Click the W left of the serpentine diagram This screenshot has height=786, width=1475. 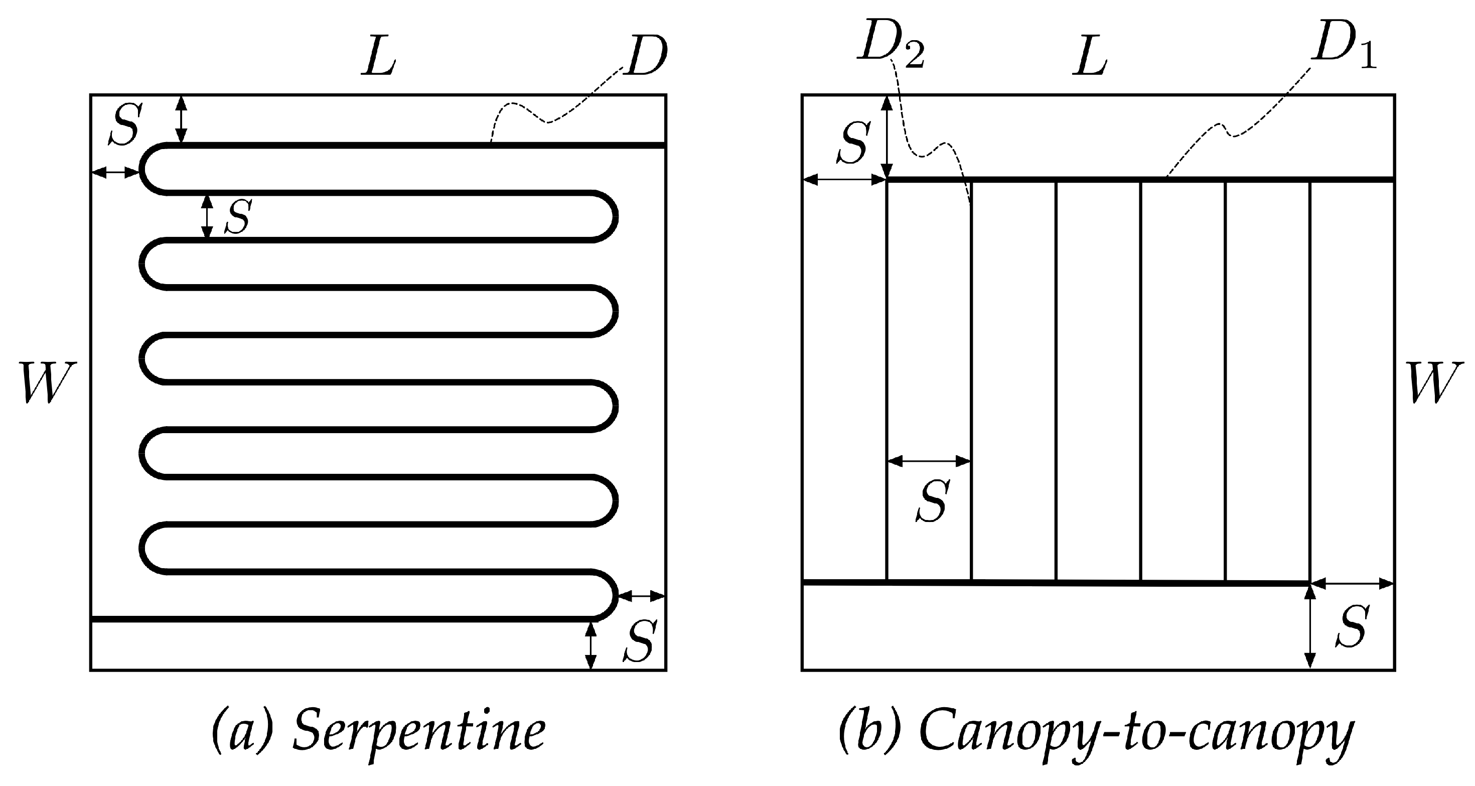pyautogui.click(x=47, y=382)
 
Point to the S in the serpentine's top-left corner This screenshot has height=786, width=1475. pyautogui.click(x=125, y=126)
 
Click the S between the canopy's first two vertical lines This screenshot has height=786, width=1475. pyautogui.click(x=932, y=501)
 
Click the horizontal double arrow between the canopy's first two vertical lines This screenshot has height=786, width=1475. pyautogui.click(x=929, y=461)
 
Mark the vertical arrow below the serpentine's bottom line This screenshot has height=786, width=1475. pyautogui.click(x=591, y=645)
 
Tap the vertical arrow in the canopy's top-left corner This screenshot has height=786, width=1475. pyautogui.click(x=887, y=138)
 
